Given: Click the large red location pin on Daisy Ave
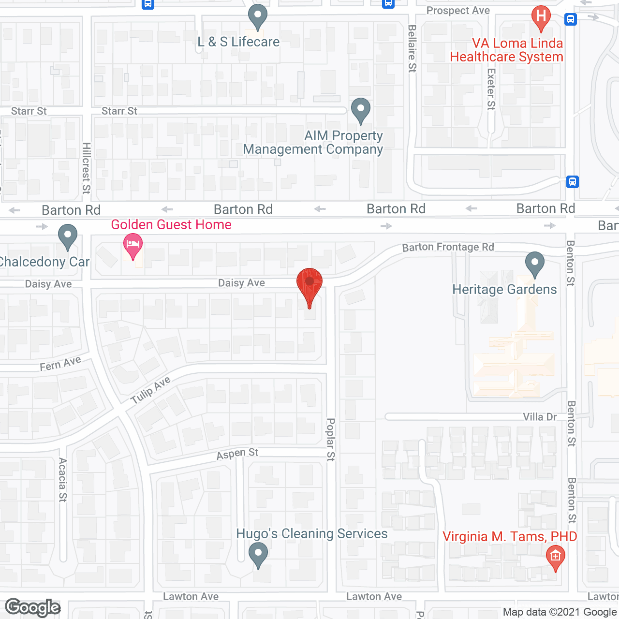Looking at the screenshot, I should pyautogui.click(x=309, y=285).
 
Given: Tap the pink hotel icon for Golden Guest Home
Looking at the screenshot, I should pyautogui.click(x=133, y=245).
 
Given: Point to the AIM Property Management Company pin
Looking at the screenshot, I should pyautogui.click(x=360, y=110).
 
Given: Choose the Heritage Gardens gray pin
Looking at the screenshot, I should pyautogui.click(x=535, y=264).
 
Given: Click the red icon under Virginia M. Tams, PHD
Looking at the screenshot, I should pyautogui.click(x=556, y=557).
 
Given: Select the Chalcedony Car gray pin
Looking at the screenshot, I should pyautogui.click(x=68, y=236).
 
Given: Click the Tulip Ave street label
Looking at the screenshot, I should pyautogui.click(x=150, y=389).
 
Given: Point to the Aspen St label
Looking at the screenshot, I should pyautogui.click(x=237, y=454).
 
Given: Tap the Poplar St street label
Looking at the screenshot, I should pyautogui.click(x=331, y=440).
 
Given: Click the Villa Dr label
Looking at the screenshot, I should pyautogui.click(x=540, y=417).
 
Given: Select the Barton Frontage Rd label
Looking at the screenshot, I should pyautogui.click(x=448, y=247).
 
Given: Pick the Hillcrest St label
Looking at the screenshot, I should pyautogui.click(x=87, y=168).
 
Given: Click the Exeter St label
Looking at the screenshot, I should pyautogui.click(x=491, y=89).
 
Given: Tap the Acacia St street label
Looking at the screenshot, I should pyautogui.click(x=63, y=480).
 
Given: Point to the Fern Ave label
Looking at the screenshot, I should pyautogui.click(x=60, y=364).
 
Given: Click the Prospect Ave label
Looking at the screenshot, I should pyautogui.click(x=458, y=11).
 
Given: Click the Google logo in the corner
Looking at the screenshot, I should pyautogui.click(x=33, y=607).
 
